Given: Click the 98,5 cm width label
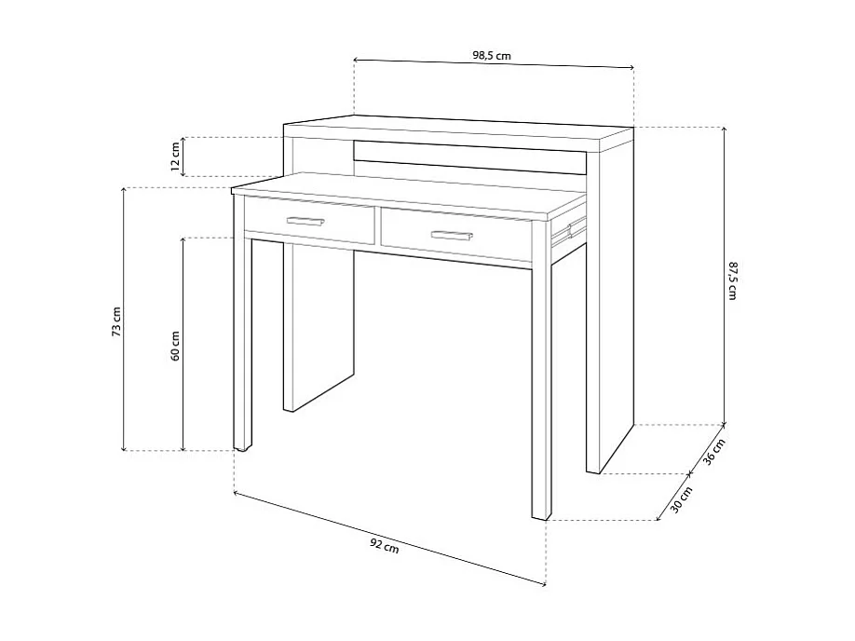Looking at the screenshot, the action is pos(491,55).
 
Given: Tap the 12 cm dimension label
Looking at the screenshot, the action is pos(175,157).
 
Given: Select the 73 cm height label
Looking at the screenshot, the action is pos(116,321).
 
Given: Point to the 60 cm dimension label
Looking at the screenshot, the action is pos(175,346).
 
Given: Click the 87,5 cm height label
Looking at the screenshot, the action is pos(732,280).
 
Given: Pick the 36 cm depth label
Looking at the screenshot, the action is pos(713,452).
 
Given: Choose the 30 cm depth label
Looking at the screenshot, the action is pos(681,499).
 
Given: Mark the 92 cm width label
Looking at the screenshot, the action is pos(385,545).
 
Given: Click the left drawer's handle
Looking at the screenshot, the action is pos(305,221).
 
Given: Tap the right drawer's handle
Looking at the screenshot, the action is pos(452,235).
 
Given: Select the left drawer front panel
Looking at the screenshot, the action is pos(309,221).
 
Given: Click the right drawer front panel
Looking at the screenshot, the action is pos(456,235).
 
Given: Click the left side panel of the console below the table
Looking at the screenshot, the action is pos(319,327).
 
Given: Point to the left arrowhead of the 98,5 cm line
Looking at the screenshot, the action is pos(356,59).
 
